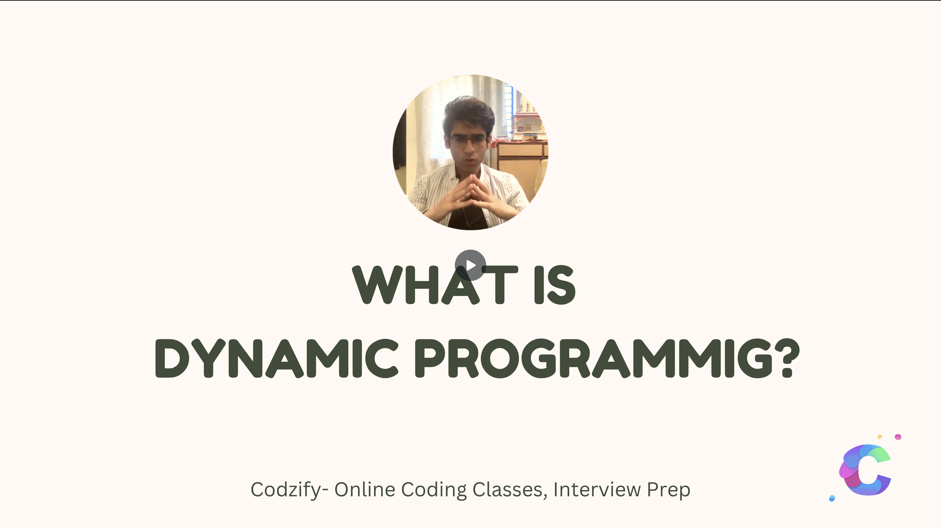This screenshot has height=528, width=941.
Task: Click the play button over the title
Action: click(x=470, y=265)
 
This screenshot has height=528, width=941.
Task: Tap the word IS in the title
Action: click(x=555, y=285)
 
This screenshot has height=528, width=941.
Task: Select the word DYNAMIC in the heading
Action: click(x=276, y=358)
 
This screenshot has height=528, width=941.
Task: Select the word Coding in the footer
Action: click(x=434, y=490)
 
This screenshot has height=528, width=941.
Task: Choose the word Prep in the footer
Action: click(x=668, y=490)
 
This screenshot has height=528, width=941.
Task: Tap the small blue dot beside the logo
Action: click(x=832, y=498)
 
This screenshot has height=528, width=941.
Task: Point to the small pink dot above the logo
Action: click(x=898, y=437)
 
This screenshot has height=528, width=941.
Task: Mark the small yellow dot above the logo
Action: click(x=880, y=437)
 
